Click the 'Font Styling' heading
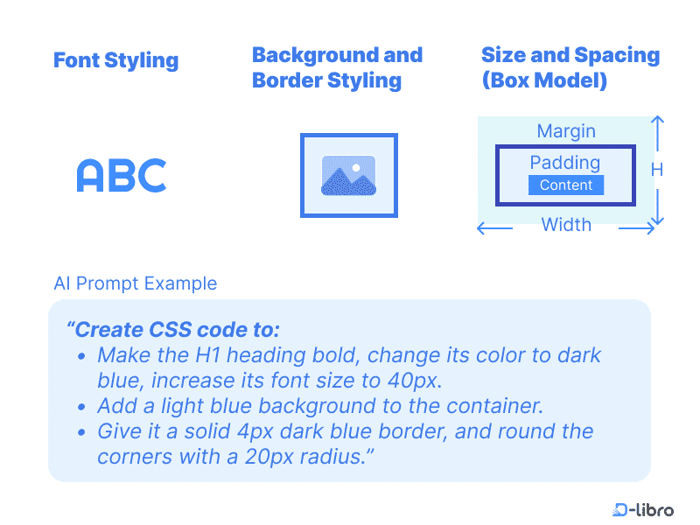click(x=115, y=60)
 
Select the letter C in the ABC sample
click(x=152, y=176)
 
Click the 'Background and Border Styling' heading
click(x=337, y=67)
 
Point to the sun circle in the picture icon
click(x=356, y=166)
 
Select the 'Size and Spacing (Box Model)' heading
click(x=570, y=67)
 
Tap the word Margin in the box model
click(x=566, y=131)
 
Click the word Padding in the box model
click(x=565, y=163)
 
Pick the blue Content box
click(x=566, y=185)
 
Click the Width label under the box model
click(x=566, y=225)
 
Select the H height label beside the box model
click(x=657, y=170)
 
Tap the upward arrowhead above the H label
click(x=658, y=120)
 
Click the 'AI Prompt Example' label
click(x=135, y=283)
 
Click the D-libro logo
click(x=643, y=509)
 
